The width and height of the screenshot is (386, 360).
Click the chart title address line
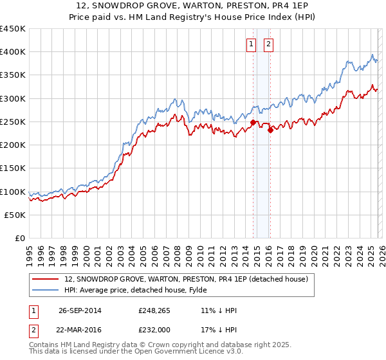(x=193, y=6)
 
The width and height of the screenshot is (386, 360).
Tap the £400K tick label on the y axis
(x=13, y=52)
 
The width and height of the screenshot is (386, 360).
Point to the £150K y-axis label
(x=13, y=168)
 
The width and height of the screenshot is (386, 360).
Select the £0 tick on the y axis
(x=19, y=239)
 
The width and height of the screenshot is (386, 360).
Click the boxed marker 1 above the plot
(x=250, y=44)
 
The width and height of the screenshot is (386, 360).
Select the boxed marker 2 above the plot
(x=268, y=44)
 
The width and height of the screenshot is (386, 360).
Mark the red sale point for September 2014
(x=253, y=122)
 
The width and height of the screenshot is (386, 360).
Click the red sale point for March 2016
(x=270, y=130)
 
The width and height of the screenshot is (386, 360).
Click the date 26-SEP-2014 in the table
(x=80, y=310)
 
